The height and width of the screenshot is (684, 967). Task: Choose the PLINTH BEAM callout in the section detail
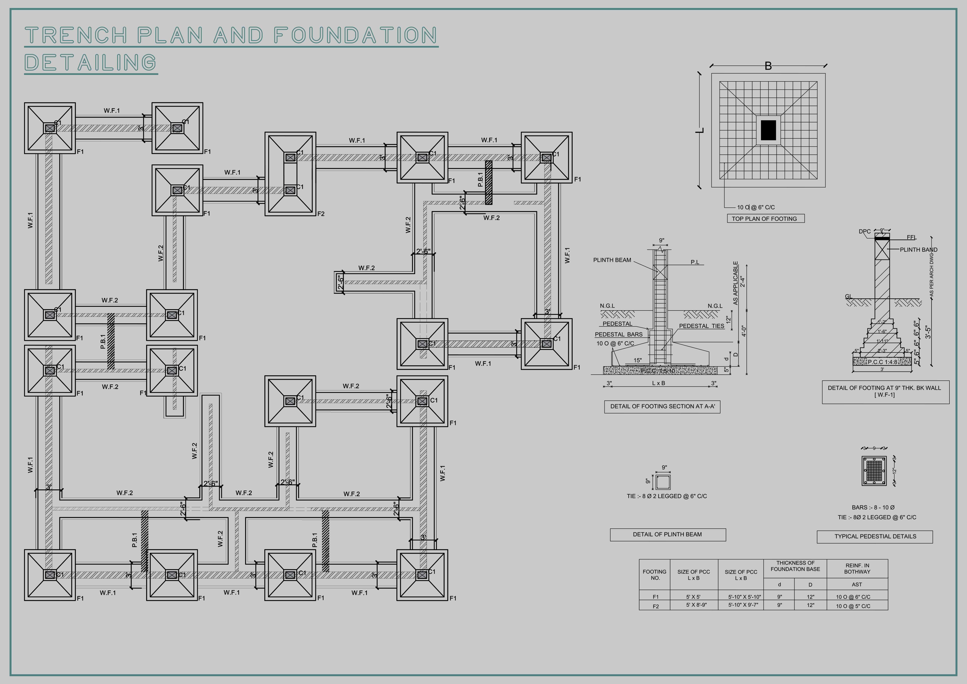click(x=612, y=260)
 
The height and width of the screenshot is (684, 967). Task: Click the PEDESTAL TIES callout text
click(x=701, y=326)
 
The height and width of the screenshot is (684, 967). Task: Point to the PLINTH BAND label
click(x=919, y=250)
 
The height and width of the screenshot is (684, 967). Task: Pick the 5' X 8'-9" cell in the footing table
click(x=696, y=605)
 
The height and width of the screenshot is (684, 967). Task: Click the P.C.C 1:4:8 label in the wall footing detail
click(x=882, y=362)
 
